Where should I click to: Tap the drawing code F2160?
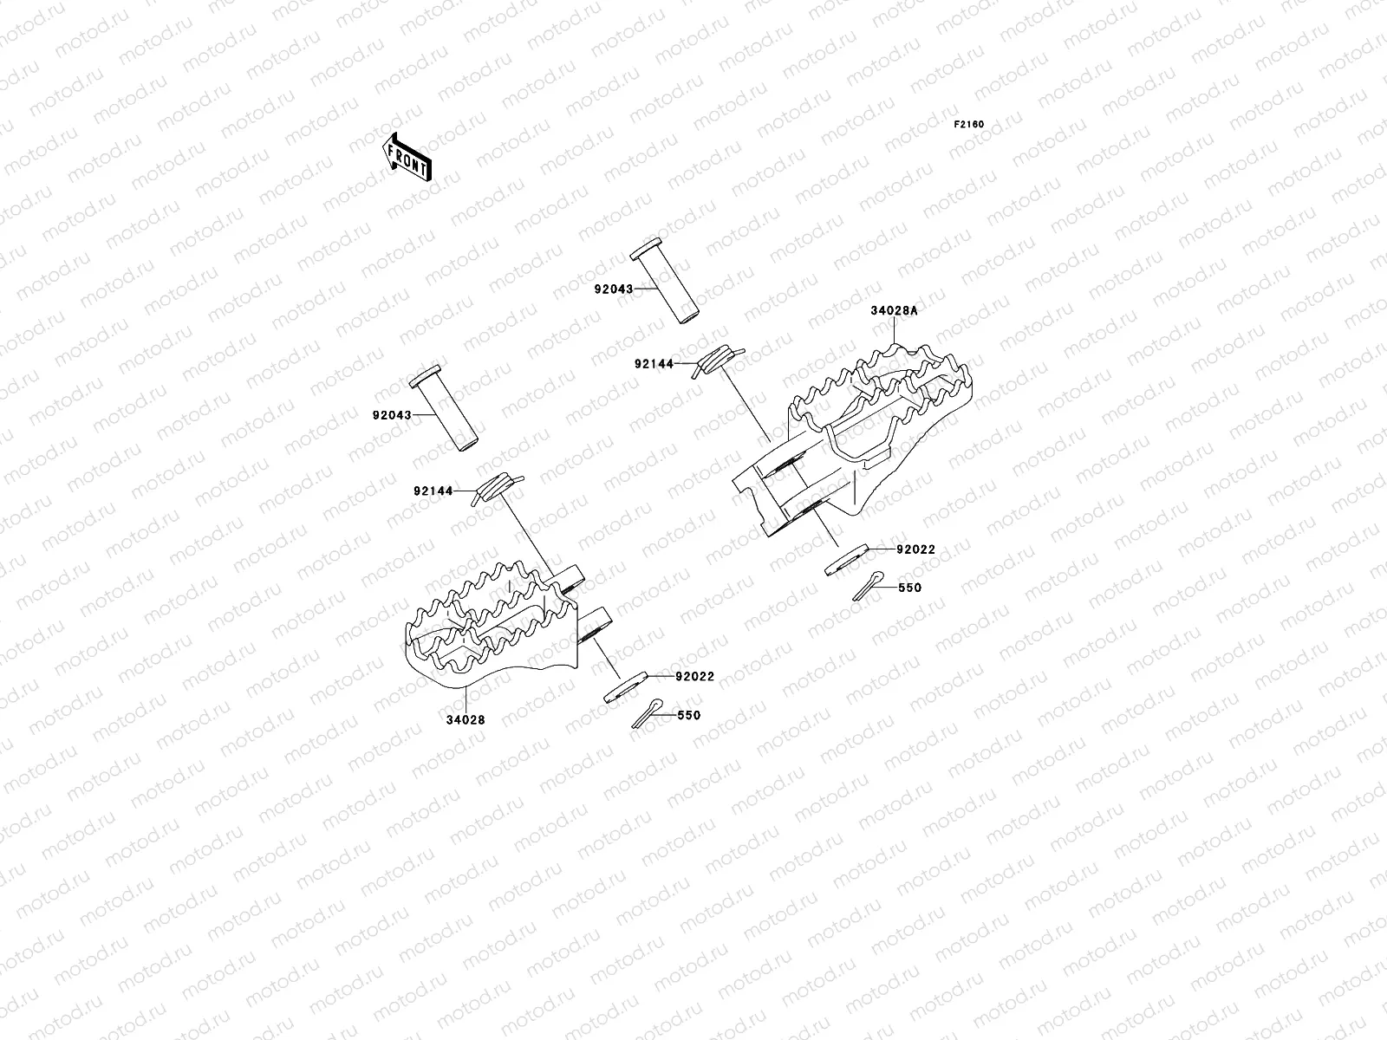pos(969,124)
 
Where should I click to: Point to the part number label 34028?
pos(466,719)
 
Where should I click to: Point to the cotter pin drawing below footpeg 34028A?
pos(869,587)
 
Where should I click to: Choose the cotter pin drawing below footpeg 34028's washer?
pos(648,715)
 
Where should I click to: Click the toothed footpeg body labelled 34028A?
pos(867,416)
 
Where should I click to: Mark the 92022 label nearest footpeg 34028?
pos(696,676)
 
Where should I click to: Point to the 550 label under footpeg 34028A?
pos(910,588)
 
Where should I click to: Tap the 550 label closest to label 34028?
pos(689,716)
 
